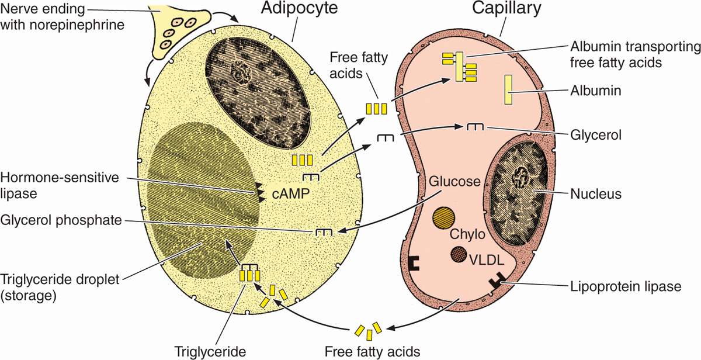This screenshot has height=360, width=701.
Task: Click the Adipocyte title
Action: [290, 11]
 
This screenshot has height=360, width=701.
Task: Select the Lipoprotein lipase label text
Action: [626, 286]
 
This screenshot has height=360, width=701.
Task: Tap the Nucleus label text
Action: [595, 194]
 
